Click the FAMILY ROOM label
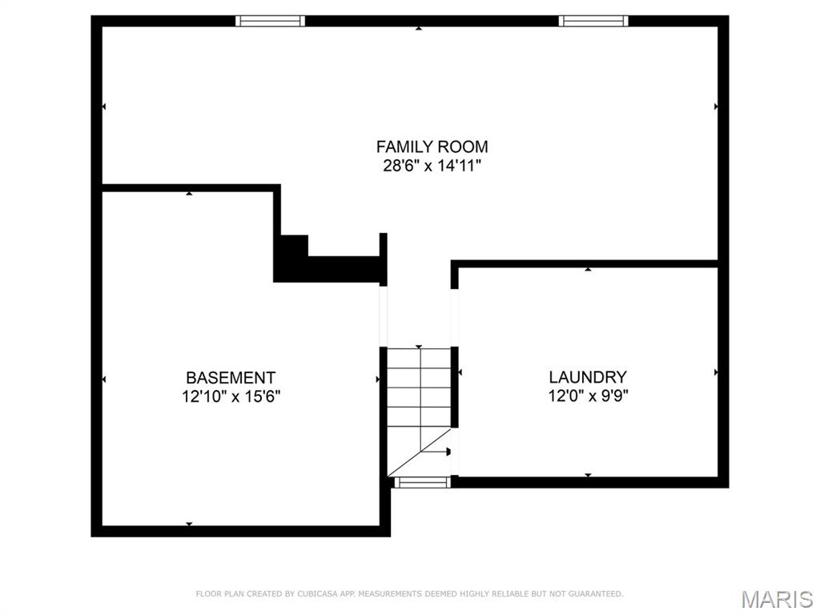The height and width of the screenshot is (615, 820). coord(432,147)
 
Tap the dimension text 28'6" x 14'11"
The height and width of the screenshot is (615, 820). coord(432,167)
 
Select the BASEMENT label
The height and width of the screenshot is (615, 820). coord(231,377)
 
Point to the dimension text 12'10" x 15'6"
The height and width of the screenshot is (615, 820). coord(231,396)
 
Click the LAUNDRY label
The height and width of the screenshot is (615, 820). coord(588,377)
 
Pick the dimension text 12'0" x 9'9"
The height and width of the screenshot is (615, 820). coord(588,396)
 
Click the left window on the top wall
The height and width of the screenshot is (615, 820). coord(270,21)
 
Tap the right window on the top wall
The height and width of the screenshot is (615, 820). coord(593,21)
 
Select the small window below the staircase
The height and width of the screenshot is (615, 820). coord(422,482)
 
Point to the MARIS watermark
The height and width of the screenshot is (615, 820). coord(776,599)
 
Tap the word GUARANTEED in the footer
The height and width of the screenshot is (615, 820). coord(595,594)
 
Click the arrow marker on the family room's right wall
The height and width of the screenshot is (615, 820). coord(715,106)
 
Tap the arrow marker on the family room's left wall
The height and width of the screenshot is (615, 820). coord(104,106)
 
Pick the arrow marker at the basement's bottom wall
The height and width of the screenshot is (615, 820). coord(189,524)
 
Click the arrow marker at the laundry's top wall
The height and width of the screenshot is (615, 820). coord(588,270)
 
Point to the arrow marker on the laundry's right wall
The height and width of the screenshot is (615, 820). coord(715,372)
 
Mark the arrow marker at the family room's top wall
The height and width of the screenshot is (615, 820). coord(419,29)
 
